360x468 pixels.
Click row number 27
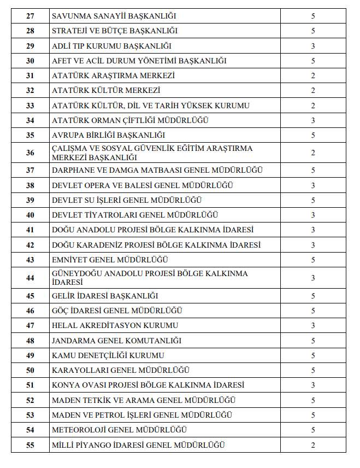pyautogui.click(x=30, y=16)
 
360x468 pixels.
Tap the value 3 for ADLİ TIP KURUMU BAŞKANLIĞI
pyautogui.click(x=313, y=46)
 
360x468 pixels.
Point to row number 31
pyautogui.click(x=30, y=75)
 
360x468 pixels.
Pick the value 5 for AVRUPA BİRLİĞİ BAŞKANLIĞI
pyautogui.click(x=313, y=135)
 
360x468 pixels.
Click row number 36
pyautogui.click(x=30, y=153)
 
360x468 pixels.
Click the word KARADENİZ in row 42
pyautogui.click(x=98, y=245)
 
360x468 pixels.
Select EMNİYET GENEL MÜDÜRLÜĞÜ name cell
pyautogui.click(x=110, y=260)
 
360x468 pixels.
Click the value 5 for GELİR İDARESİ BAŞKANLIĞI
pyautogui.click(x=313, y=296)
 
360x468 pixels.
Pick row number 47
pyautogui.click(x=30, y=326)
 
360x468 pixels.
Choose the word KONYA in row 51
pyautogui.click(x=64, y=385)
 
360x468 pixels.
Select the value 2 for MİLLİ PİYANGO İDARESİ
pyautogui.click(x=313, y=445)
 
